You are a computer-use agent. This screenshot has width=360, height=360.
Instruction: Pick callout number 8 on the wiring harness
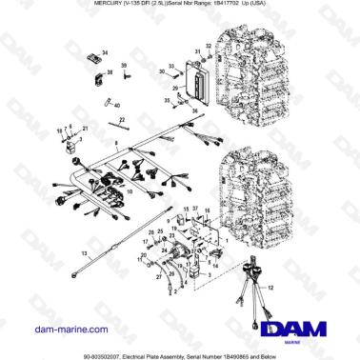click(116, 142)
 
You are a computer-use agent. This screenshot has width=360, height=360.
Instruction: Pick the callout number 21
click(84, 128)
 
